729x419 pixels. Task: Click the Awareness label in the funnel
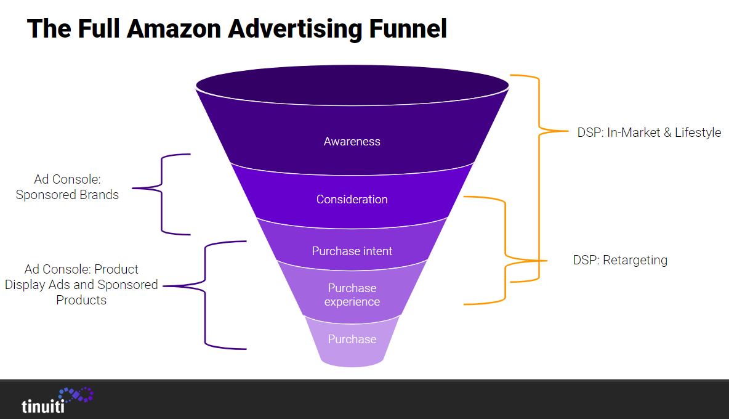point(352,142)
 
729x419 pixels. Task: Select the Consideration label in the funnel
point(352,200)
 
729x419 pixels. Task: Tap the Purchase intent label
point(352,251)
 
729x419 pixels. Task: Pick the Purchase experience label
point(352,295)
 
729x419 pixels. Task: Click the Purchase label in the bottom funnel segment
point(352,340)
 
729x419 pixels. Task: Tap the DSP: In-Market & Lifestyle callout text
point(649,132)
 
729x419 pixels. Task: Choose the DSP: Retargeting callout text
point(620,260)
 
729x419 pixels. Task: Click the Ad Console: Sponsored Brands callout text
point(67,187)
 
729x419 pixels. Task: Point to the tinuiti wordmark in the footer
point(43,407)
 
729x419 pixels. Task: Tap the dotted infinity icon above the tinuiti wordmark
point(76,395)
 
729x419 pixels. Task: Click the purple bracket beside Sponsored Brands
point(162,194)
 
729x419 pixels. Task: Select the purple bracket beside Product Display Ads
point(205,295)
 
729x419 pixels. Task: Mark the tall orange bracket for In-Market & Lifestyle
point(539,179)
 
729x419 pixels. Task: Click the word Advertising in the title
point(291,29)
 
